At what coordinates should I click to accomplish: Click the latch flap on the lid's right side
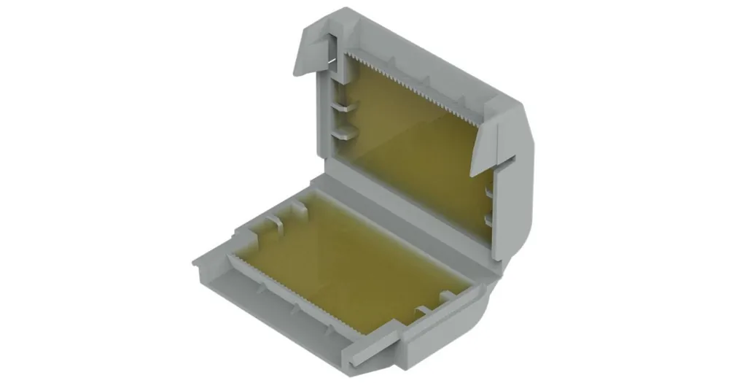point(488,146)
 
